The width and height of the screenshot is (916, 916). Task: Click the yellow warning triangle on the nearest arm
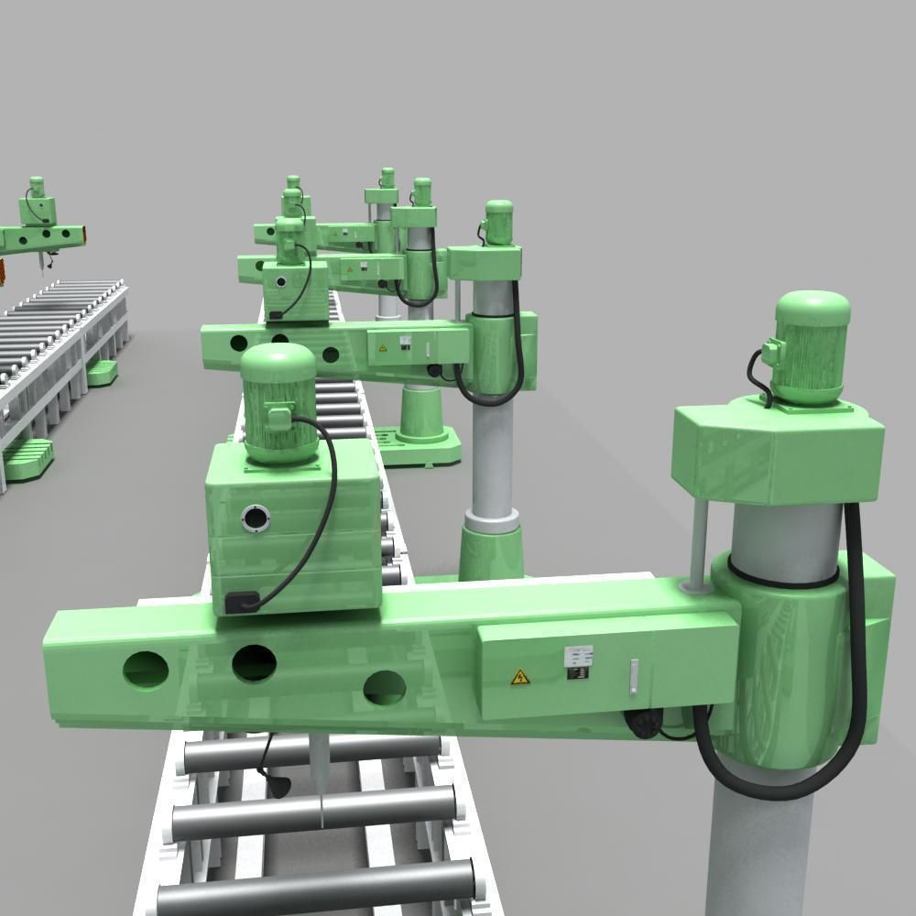click(x=519, y=678)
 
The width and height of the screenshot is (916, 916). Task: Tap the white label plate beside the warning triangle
click(x=579, y=661)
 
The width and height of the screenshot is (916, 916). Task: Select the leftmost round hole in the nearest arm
click(x=146, y=670)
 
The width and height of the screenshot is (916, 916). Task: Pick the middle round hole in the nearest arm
click(x=255, y=663)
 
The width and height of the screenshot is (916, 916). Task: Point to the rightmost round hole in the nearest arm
click(x=385, y=687)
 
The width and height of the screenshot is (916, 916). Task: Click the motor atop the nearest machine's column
click(x=812, y=346)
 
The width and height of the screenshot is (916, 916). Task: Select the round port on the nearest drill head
click(x=256, y=519)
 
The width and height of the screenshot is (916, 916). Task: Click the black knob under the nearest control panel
click(x=644, y=725)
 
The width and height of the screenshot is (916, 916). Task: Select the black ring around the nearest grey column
click(x=783, y=577)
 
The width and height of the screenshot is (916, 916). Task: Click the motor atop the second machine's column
click(x=498, y=223)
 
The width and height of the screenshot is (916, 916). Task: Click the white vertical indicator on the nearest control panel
click(x=632, y=677)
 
